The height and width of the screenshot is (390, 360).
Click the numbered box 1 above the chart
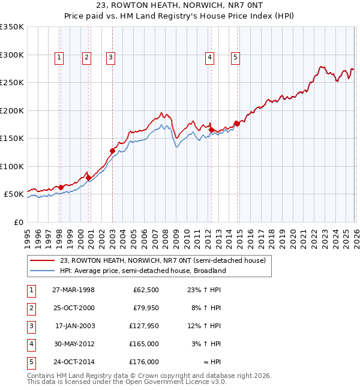click(x=60, y=58)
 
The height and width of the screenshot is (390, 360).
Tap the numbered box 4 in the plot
click(x=210, y=58)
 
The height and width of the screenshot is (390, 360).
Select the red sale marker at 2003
click(x=113, y=151)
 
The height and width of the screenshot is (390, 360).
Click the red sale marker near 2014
click(x=237, y=124)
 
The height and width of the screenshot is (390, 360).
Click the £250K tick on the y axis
click(x=12, y=83)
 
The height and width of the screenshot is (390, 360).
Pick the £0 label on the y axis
click(x=19, y=223)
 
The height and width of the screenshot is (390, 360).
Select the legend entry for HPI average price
click(x=143, y=271)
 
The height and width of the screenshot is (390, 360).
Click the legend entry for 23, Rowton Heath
click(x=163, y=260)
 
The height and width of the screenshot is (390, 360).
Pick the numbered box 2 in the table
click(x=31, y=308)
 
